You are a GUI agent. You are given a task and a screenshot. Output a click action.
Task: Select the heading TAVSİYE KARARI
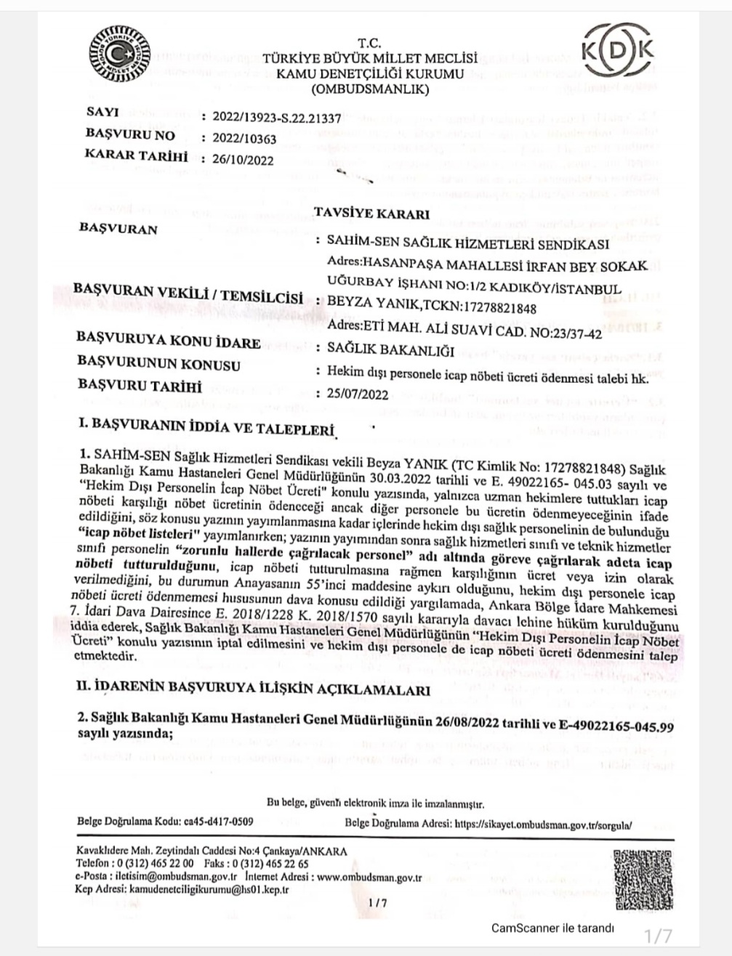[371, 214]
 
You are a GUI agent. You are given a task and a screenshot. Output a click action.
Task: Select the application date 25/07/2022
[358, 394]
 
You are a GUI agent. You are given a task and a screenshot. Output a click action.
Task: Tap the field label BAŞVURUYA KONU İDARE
[168, 341]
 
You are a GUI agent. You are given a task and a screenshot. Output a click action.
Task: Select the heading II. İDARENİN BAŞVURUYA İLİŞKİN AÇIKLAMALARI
[253, 687]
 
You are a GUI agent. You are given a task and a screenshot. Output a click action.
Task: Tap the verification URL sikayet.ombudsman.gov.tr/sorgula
[543, 825]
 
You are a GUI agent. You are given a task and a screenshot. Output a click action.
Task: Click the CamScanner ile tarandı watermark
[552, 928]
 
